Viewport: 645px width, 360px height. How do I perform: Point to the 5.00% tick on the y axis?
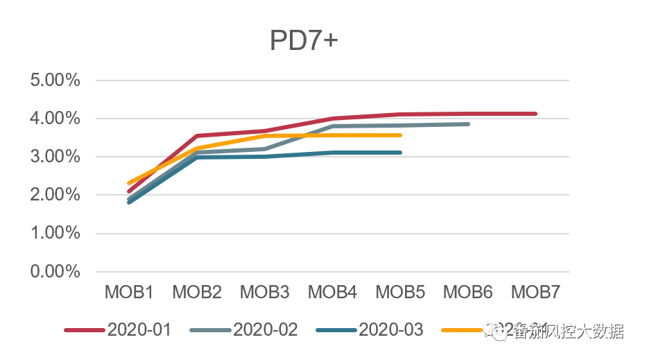click(x=55, y=80)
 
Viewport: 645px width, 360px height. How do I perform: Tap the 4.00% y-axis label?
click(x=55, y=119)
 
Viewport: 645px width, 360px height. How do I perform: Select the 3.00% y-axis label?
click(x=55, y=157)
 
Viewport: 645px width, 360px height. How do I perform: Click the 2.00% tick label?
click(x=55, y=195)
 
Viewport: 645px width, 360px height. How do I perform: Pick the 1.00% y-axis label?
click(x=55, y=233)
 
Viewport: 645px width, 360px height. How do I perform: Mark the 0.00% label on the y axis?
click(x=55, y=272)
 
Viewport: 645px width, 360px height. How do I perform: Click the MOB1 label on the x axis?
click(x=129, y=293)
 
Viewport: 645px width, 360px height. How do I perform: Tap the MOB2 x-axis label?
click(x=197, y=293)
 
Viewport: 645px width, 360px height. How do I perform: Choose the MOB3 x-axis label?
click(x=264, y=293)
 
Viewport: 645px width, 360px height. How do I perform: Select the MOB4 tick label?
click(x=332, y=293)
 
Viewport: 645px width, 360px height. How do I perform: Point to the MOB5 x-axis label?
click(x=400, y=293)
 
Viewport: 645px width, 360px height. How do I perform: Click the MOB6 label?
click(x=468, y=293)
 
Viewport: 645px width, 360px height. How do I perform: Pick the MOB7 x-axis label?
click(x=535, y=293)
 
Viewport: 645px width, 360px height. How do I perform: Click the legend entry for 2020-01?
click(x=139, y=329)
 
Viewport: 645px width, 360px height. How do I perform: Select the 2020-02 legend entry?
click(x=265, y=329)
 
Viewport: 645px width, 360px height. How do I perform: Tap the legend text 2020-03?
click(x=390, y=329)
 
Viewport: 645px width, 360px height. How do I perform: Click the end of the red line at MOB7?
click(x=535, y=114)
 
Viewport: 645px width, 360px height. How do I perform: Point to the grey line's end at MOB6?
click(x=468, y=124)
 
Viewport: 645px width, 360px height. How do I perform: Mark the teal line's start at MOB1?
click(x=130, y=202)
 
